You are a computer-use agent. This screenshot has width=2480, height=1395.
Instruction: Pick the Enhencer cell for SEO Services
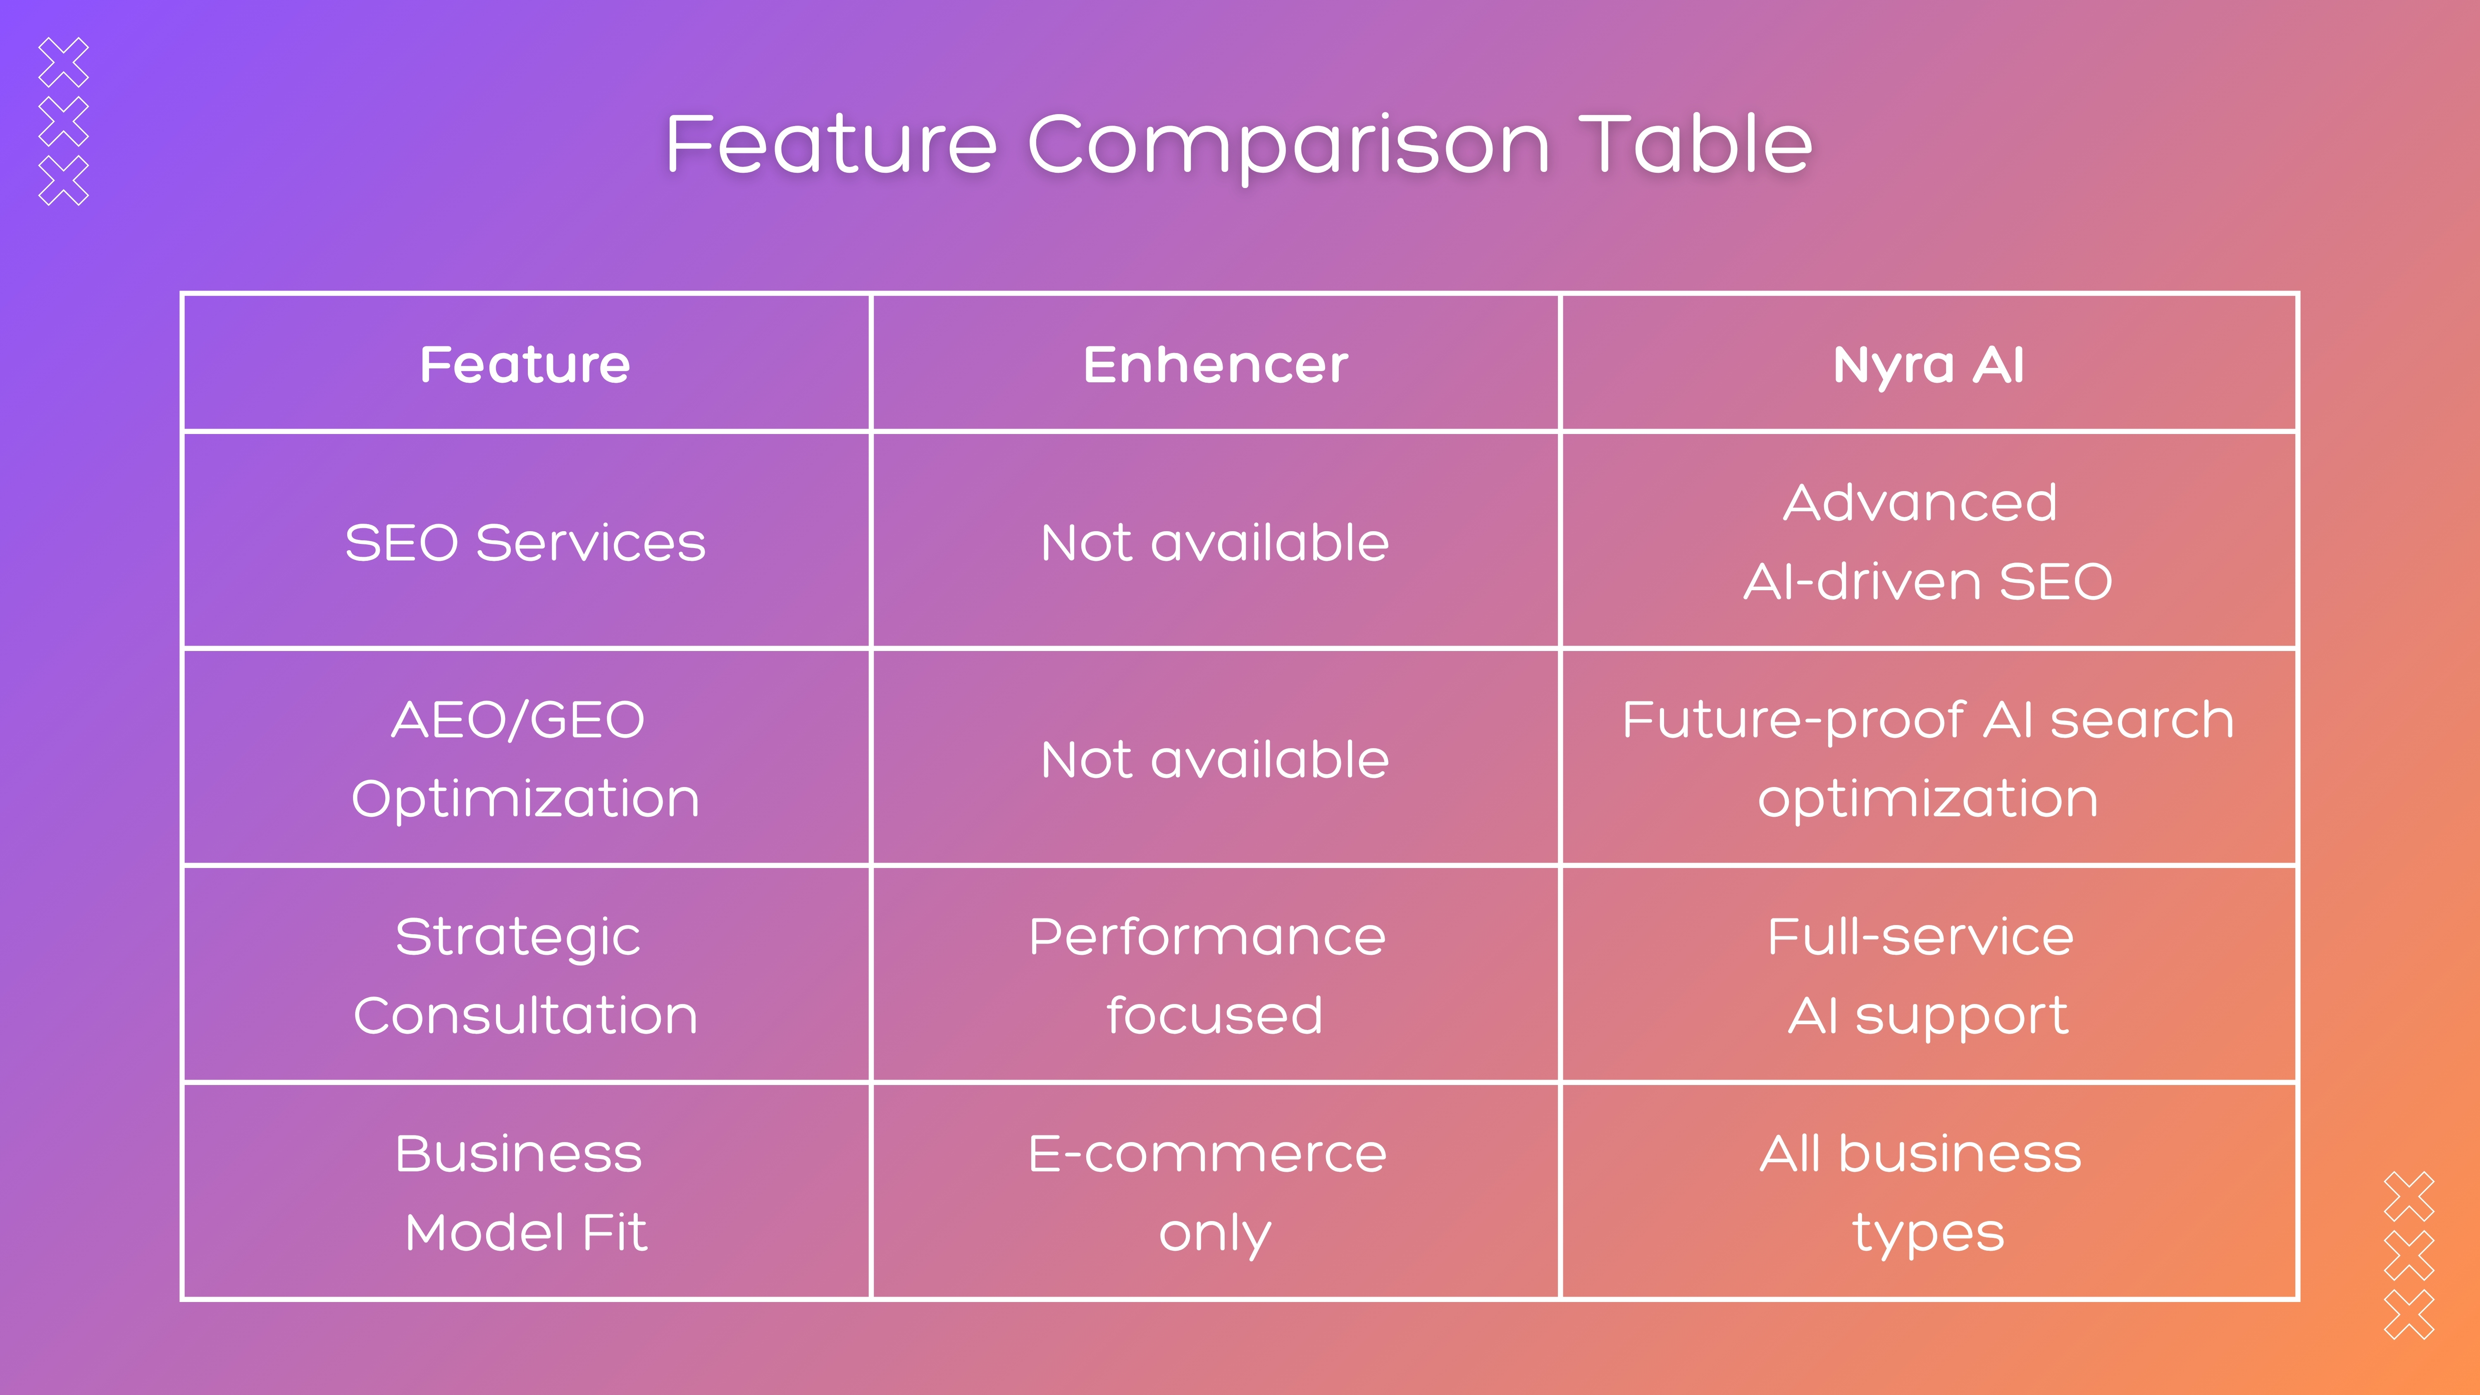[1215, 542]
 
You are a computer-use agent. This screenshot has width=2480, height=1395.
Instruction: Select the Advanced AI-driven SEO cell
[1928, 542]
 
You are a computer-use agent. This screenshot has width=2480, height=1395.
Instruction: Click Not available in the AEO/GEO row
[1215, 758]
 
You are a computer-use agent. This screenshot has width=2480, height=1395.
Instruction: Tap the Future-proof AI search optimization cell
[1928, 758]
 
